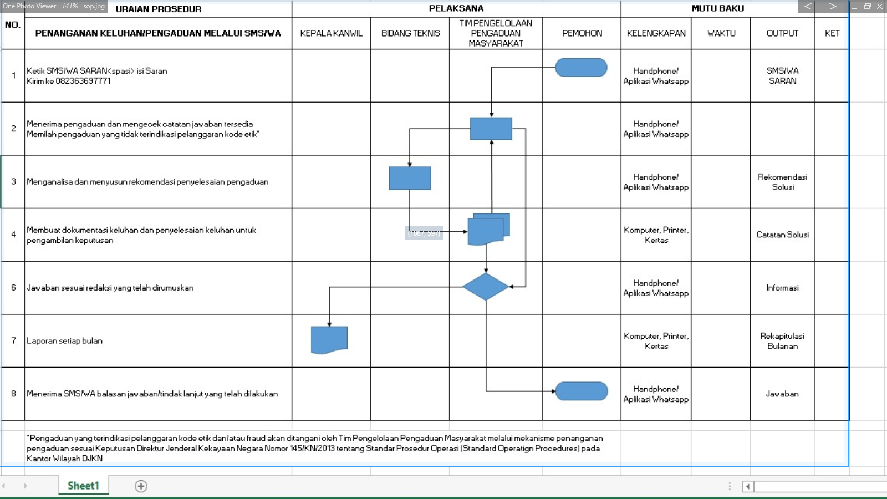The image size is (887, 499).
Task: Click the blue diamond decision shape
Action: [x=486, y=287]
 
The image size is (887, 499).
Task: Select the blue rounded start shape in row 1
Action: [x=581, y=67]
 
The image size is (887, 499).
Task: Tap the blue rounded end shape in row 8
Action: [x=582, y=391]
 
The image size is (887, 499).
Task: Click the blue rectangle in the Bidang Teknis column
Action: [x=410, y=178]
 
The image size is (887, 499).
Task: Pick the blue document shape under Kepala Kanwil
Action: [x=329, y=340]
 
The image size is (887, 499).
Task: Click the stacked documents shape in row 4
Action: [x=488, y=230]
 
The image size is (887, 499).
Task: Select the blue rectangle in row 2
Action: [x=491, y=129]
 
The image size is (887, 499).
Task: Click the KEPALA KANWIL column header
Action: [x=331, y=33]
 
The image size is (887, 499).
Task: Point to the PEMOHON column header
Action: [x=582, y=33]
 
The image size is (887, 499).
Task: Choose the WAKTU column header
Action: [x=721, y=33]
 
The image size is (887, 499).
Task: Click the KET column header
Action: [x=832, y=33]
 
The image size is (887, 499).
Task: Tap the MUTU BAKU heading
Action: [x=717, y=8]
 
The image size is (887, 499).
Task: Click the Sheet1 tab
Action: [x=83, y=486]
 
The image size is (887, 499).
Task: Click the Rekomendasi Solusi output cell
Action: [x=782, y=182]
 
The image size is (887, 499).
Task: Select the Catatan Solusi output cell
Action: [x=782, y=235]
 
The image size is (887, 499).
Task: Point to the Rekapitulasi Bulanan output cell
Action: [x=782, y=341]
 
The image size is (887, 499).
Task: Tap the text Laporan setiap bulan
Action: [x=64, y=340]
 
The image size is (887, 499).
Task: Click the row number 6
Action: [x=13, y=288]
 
